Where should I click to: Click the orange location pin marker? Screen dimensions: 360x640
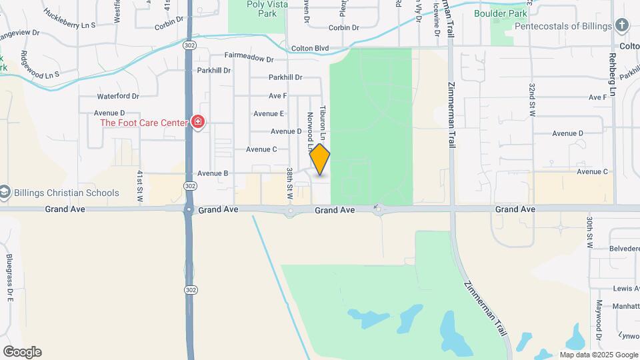pyautogui.click(x=320, y=159)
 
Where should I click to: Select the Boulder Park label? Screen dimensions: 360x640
pyautogui.click(x=500, y=13)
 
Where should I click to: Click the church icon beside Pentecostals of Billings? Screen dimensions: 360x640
pyautogui.click(x=621, y=26)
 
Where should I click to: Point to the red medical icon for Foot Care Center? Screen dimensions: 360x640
pyautogui.click(x=197, y=122)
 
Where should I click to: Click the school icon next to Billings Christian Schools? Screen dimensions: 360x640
pyautogui.click(x=5, y=193)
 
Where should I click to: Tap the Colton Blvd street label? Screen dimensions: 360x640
pyautogui.click(x=311, y=49)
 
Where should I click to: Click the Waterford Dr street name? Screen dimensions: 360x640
pyautogui.click(x=118, y=96)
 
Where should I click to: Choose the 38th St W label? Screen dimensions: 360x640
pyautogui.click(x=290, y=186)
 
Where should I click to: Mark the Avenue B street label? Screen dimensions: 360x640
pyautogui.click(x=213, y=173)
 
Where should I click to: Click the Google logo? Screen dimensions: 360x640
pyautogui.click(x=21, y=352)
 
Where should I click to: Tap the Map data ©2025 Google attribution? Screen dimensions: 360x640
pyautogui.click(x=598, y=355)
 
